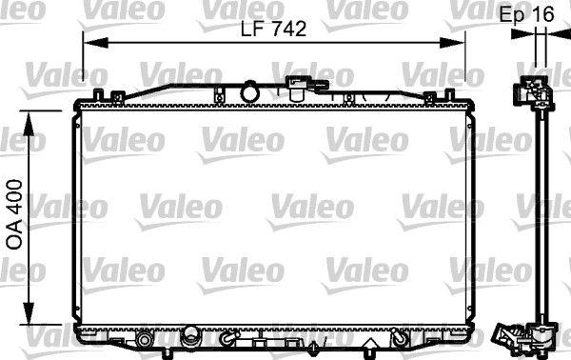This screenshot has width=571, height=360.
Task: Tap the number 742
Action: click(x=288, y=30)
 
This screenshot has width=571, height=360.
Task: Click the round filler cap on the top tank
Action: click(x=251, y=91)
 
